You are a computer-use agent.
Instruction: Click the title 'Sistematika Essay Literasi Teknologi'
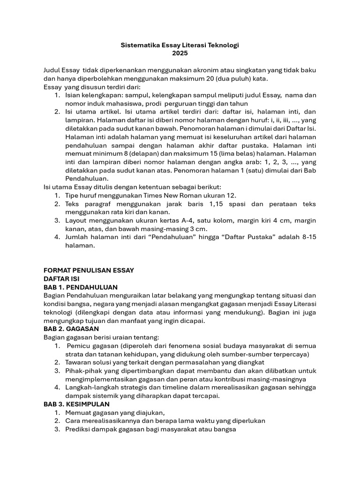coord(180,45)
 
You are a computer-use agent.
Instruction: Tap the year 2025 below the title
coord(180,53)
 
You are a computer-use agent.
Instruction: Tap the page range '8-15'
coord(307,237)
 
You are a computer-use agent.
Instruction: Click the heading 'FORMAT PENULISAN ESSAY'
coord(89,270)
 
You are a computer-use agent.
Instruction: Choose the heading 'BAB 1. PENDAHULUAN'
coord(80,287)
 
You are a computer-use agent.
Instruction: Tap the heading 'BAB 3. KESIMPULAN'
coord(76,404)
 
